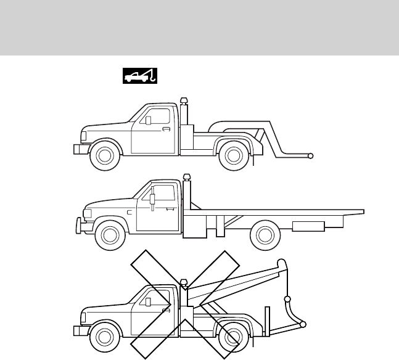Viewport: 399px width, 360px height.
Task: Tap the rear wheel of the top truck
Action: point(234,157)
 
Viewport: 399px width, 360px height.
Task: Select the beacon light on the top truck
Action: point(183,101)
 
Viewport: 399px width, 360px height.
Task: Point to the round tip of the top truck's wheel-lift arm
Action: point(311,156)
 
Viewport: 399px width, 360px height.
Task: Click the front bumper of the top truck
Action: point(78,149)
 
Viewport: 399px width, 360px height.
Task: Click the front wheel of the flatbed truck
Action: point(110,234)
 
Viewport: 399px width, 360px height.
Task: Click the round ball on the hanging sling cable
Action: point(286,301)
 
